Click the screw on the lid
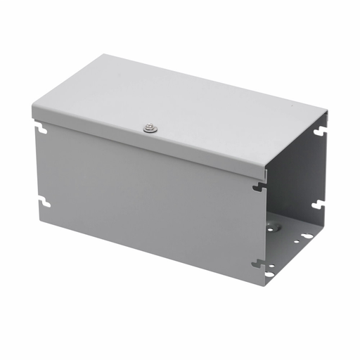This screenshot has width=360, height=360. pyautogui.click(x=149, y=127)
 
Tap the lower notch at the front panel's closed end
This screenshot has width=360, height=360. pyautogui.click(x=45, y=202)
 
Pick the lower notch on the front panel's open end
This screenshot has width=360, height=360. pyautogui.click(x=259, y=264)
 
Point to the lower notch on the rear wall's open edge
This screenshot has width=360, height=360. pyautogui.click(x=318, y=205)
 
